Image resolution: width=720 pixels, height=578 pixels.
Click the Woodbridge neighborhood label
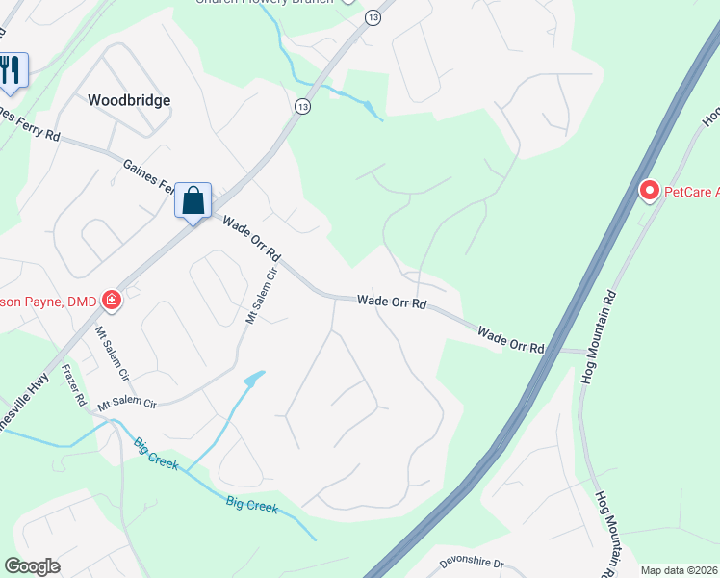pyautogui.click(x=129, y=100)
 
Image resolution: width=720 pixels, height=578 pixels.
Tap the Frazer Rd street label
pyautogui.click(x=74, y=384)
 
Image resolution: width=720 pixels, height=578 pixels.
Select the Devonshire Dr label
pyautogui.click(x=472, y=562)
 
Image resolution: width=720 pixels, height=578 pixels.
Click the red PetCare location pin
pyautogui.click(x=649, y=192)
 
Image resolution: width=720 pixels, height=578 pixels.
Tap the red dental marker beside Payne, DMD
pyautogui.click(x=112, y=301)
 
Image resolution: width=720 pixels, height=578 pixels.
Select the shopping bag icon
pyautogui.click(x=193, y=200)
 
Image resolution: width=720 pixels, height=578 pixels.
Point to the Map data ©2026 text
pyautogui.click(x=679, y=570)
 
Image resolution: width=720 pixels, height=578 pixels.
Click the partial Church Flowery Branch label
pyautogui.click(x=265, y=3)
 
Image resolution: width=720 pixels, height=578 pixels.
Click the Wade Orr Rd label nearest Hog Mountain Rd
pyautogui.click(x=511, y=339)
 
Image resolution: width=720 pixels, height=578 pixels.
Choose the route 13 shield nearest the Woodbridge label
pyautogui.click(x=303, y=105)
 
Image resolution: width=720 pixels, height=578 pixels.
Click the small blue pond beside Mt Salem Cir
pyautogui.click(x=254, y=379)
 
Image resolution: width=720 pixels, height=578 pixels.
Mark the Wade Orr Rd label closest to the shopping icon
pyautogui.click(x=252, y=241)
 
